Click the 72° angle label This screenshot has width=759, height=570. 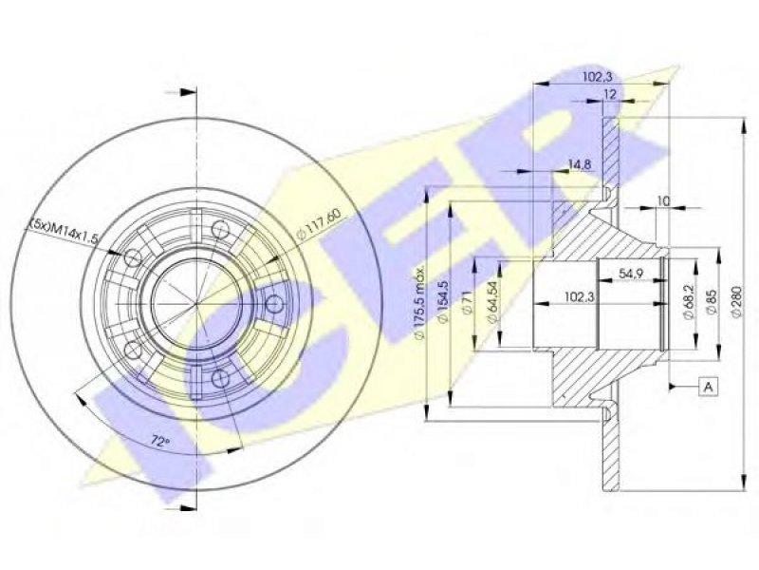point(160,441)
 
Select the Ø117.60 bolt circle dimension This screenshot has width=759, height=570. point(319,223)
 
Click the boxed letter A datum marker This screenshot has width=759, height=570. point(709,387)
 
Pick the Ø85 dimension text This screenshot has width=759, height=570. point(712,303)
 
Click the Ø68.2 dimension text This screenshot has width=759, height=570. point(691,303)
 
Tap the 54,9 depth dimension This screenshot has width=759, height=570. point(630,274)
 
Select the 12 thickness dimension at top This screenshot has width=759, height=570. point(610,94)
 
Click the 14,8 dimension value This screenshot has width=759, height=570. point(579,164)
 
